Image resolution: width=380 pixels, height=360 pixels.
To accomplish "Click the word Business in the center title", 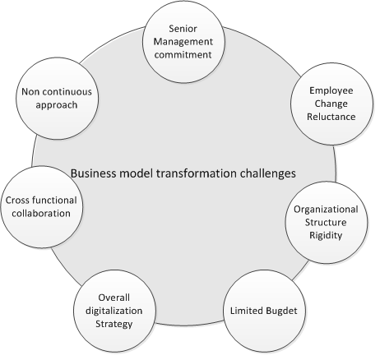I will (93, 173).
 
